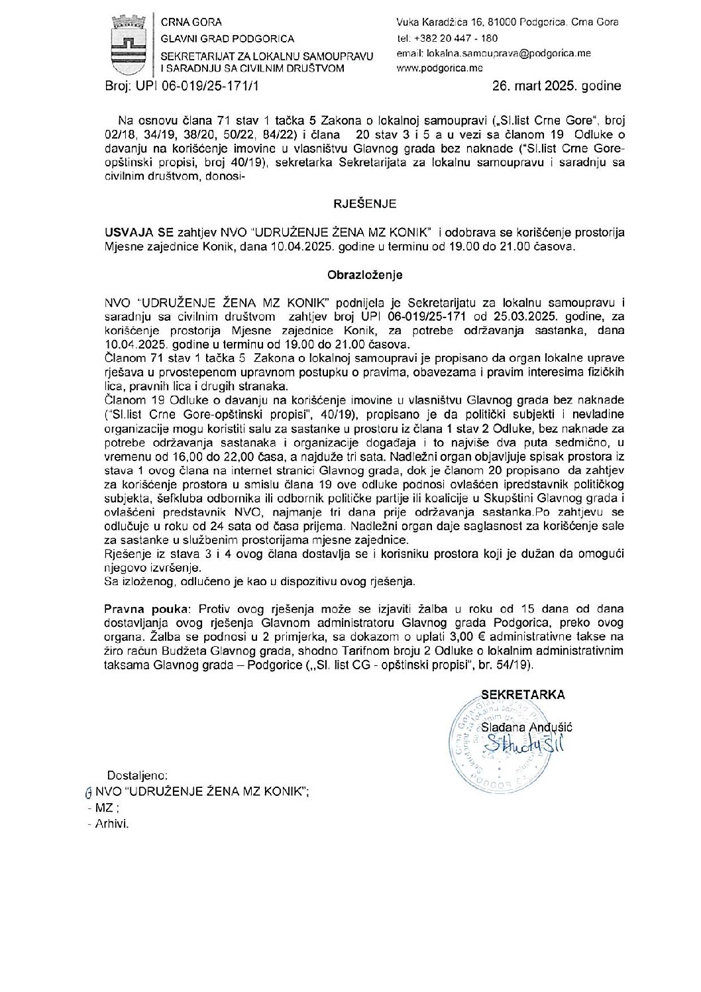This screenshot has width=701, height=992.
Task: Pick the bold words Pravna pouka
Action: click(141, 608)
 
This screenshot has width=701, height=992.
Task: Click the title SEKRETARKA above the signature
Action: click(523, 694)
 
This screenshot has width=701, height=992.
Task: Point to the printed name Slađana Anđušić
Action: click(527, 727)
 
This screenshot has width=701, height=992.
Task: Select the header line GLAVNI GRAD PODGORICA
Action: click(228, 38)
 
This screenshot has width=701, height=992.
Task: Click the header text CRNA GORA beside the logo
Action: click(197, 22)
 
